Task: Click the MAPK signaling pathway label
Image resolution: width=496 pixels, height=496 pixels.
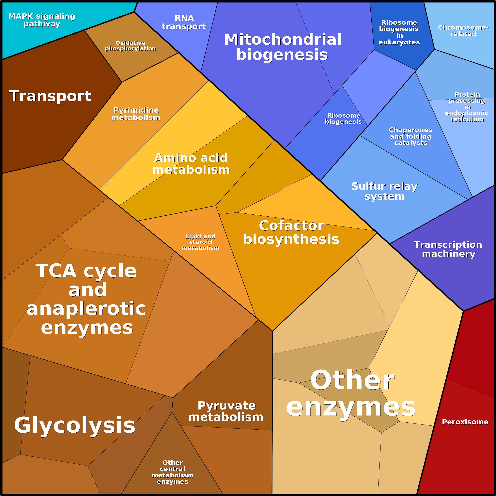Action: point(42,20)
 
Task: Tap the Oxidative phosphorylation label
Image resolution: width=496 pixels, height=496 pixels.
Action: point(131,46)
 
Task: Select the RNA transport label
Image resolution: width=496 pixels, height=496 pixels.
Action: point(184,22)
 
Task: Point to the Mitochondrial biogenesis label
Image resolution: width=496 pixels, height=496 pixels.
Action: point(282,47)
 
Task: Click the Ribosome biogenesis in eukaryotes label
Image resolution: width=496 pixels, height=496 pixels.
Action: point(399,32)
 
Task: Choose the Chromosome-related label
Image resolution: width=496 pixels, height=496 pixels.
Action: point(463,31)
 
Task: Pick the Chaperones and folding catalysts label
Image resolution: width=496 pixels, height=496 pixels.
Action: point(411,136)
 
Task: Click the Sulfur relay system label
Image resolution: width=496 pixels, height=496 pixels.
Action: point(384,191)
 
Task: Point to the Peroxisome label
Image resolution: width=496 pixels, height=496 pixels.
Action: point(465,422)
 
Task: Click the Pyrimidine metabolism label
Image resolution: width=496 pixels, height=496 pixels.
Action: point(136,114)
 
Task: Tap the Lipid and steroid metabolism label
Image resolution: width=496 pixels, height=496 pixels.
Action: point(200,242)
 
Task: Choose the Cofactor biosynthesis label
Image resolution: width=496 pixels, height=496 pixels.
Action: point(291,232)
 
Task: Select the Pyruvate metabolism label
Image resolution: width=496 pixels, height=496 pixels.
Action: point(226,411)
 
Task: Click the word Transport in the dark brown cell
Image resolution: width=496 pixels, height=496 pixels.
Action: point(50,96)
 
